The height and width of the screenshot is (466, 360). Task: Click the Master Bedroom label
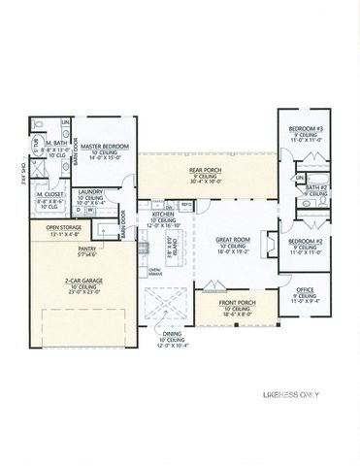coord(104,147)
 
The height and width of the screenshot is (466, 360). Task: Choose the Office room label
coord(304,290)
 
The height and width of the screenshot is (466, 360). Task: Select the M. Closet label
coord(49,194)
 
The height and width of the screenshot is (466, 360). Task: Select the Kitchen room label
coord(163,216)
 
